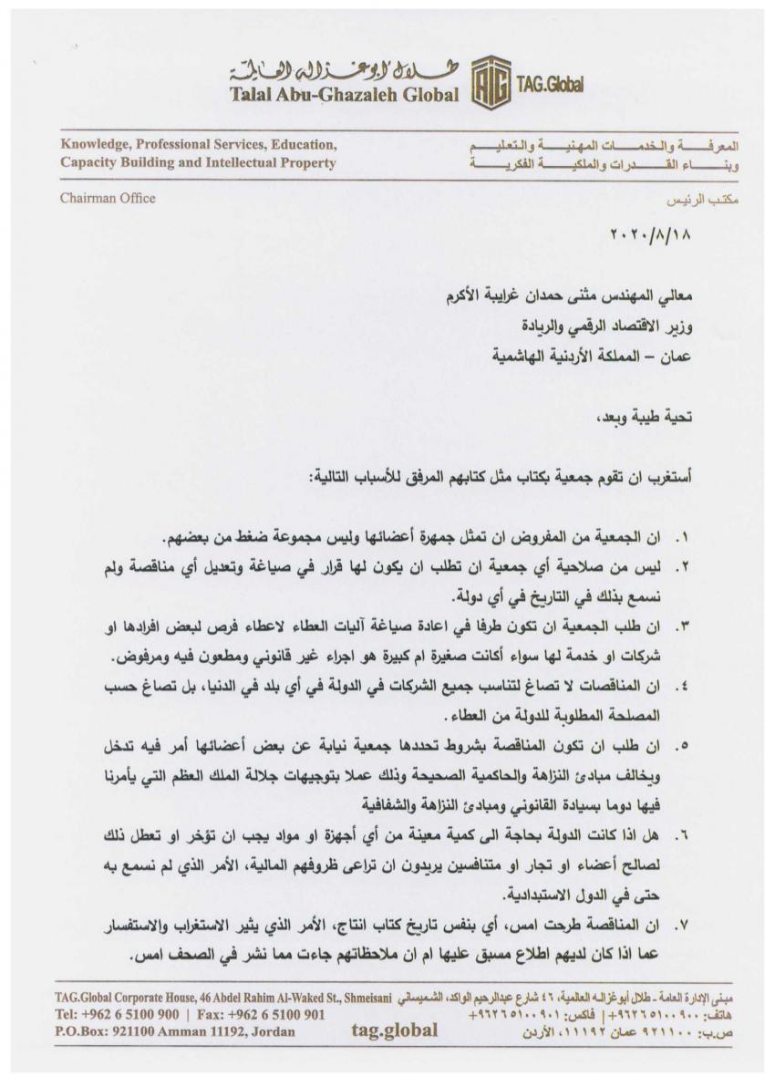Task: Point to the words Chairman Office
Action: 108,198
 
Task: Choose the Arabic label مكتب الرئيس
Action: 686,198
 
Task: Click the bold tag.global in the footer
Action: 394,1031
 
